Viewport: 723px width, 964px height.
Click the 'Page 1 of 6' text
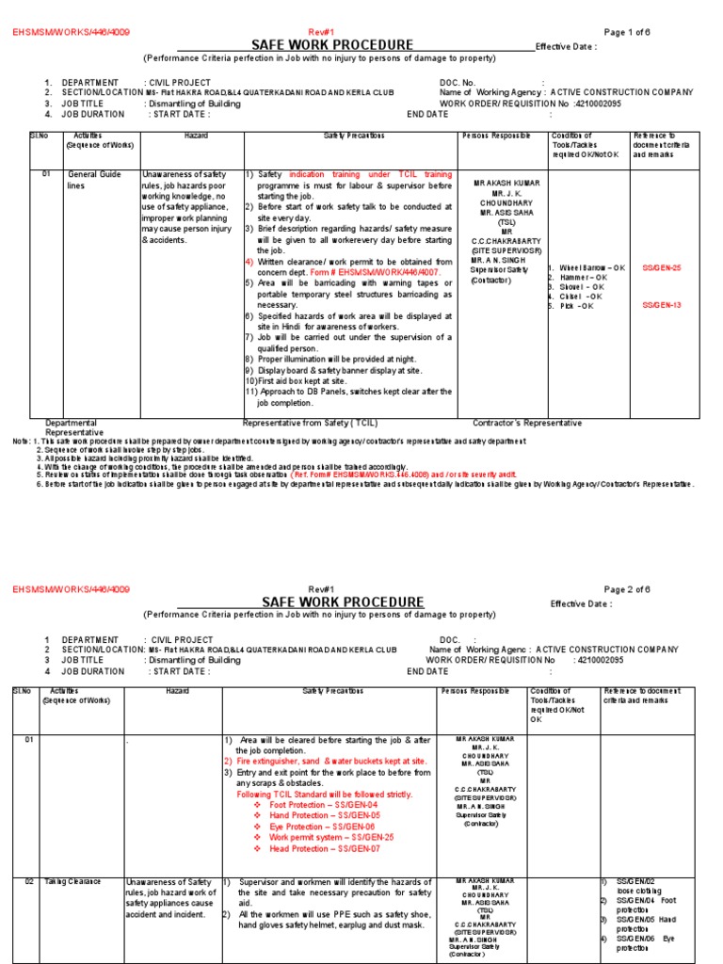tap(626, 32)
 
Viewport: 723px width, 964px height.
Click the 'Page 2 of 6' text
tap(626, 589)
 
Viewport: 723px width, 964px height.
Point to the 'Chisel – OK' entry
tap(581, 296)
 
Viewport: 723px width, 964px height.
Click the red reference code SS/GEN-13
tap(661, 305)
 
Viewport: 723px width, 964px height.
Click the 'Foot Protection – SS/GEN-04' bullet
tap(323, 805)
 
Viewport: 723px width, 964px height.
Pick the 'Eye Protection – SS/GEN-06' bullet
tap(322, 826)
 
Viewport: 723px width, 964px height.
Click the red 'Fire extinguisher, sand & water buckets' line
tap(330, 761)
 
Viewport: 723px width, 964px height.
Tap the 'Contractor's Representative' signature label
tap(526, 423)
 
